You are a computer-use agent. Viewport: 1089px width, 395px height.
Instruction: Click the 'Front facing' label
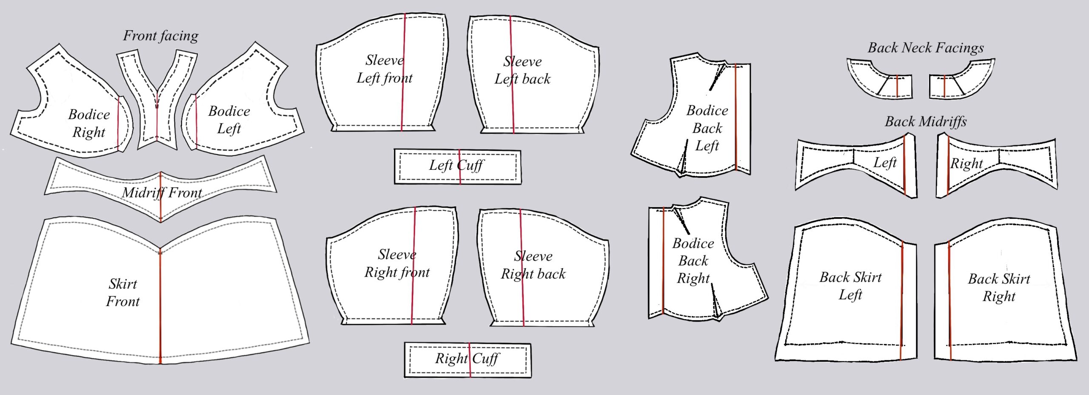click(160, 36)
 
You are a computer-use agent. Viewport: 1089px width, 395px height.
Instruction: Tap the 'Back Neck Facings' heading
click(925, 48)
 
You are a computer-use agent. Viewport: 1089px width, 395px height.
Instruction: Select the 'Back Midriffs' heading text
click(925, 122)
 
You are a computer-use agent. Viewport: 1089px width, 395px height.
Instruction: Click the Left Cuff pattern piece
click(457, 166)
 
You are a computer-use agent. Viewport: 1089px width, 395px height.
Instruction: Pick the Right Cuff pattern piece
click(467, 360)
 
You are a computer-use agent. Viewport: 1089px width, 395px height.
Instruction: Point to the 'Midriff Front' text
click(162, 193)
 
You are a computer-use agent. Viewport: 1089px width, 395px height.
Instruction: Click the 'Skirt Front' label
click(123, 293)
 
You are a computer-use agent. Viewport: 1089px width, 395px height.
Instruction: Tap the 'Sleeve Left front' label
click(385, 69)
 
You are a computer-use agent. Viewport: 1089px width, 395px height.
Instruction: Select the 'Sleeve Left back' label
click(522, 70)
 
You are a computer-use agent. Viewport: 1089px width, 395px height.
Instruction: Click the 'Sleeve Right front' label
click(397, 263)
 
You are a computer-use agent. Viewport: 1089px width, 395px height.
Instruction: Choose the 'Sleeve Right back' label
click(533, 265)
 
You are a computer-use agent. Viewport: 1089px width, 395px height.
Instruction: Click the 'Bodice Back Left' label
click(707, 128)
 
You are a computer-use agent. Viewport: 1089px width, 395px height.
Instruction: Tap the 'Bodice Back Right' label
click(693, 260)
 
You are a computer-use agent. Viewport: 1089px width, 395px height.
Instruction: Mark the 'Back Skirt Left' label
click(850, 286)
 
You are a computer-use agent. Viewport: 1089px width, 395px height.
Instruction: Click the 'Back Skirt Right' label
click(999, 287)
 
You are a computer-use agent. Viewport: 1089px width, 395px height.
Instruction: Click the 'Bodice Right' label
click(89, 123)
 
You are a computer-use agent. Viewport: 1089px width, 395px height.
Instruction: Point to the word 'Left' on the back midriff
click(885, 163)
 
